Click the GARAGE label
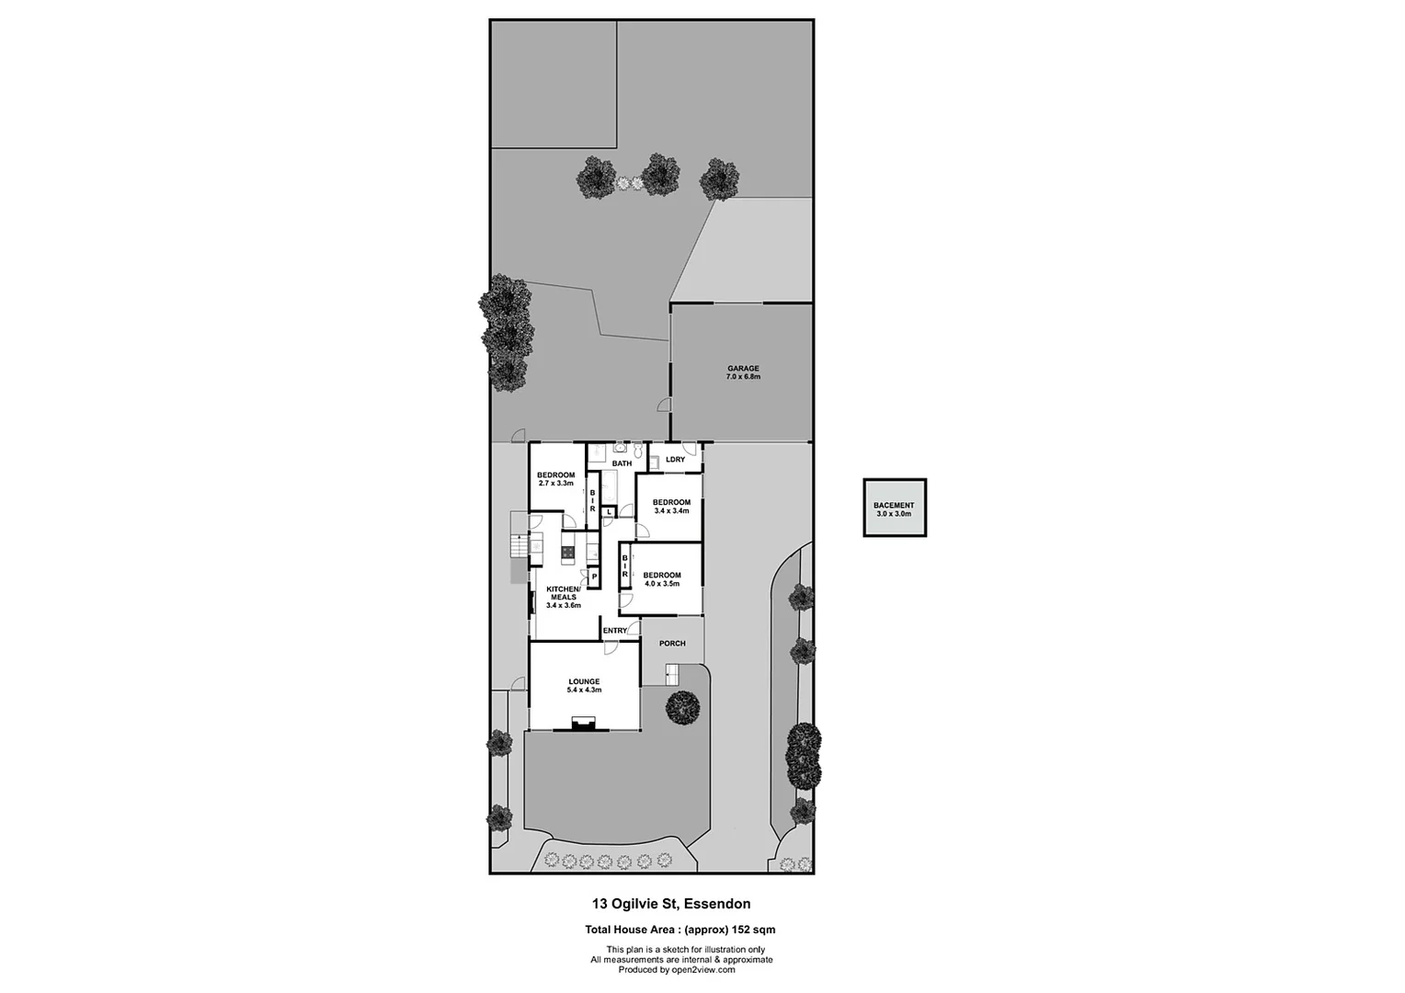[743, 369]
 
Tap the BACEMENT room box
[894, 508]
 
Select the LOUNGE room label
[584, 681]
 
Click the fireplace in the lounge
[583, 725]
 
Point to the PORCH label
[672, 644]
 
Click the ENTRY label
[614, 631]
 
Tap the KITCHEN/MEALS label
[563, 593]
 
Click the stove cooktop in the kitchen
[568, 553]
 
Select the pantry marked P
[594, 576]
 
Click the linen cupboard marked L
[609, 511]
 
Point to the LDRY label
[675, 459]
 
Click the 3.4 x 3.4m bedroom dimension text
[671, 510]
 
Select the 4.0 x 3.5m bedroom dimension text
[662, 583]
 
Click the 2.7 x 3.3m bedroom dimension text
[555, 483]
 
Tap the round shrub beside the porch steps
[682, 707]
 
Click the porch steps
[671, 676]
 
